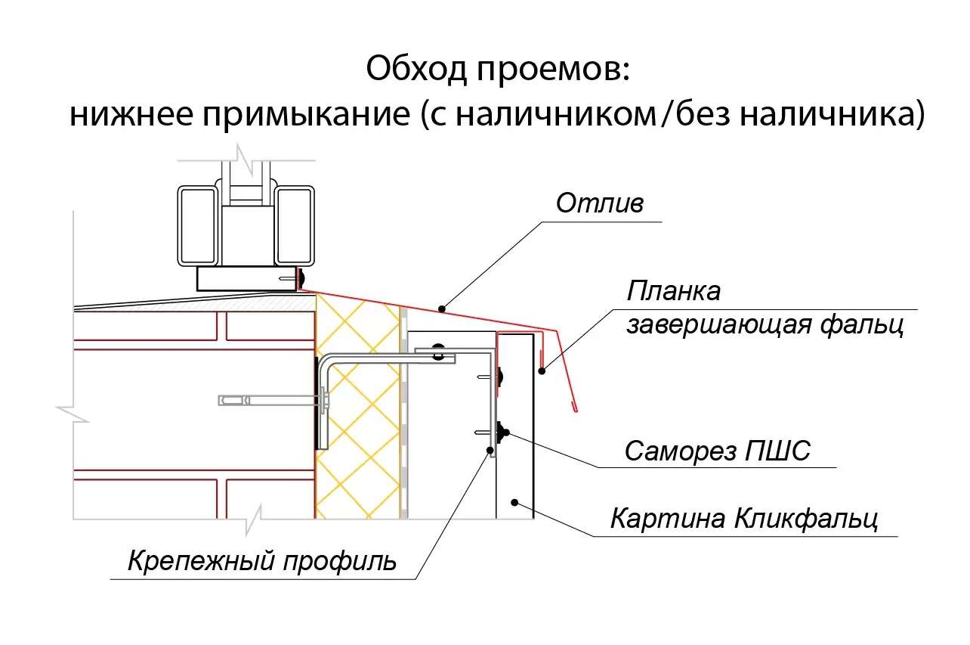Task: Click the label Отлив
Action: click(x=599, y=203)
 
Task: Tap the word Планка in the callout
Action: click(x=674, y=290)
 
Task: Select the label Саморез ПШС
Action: click(x=717, y=451)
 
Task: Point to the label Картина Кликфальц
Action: click(x=744, y=519)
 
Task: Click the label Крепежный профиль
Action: click(x=262, y=561)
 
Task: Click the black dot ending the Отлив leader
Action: click(x=441, y=309)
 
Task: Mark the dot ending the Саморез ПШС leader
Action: click(x=505, y=433)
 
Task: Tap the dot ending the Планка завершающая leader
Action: click(x=542, y=370)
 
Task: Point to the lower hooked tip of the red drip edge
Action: click(x=575, y=409)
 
